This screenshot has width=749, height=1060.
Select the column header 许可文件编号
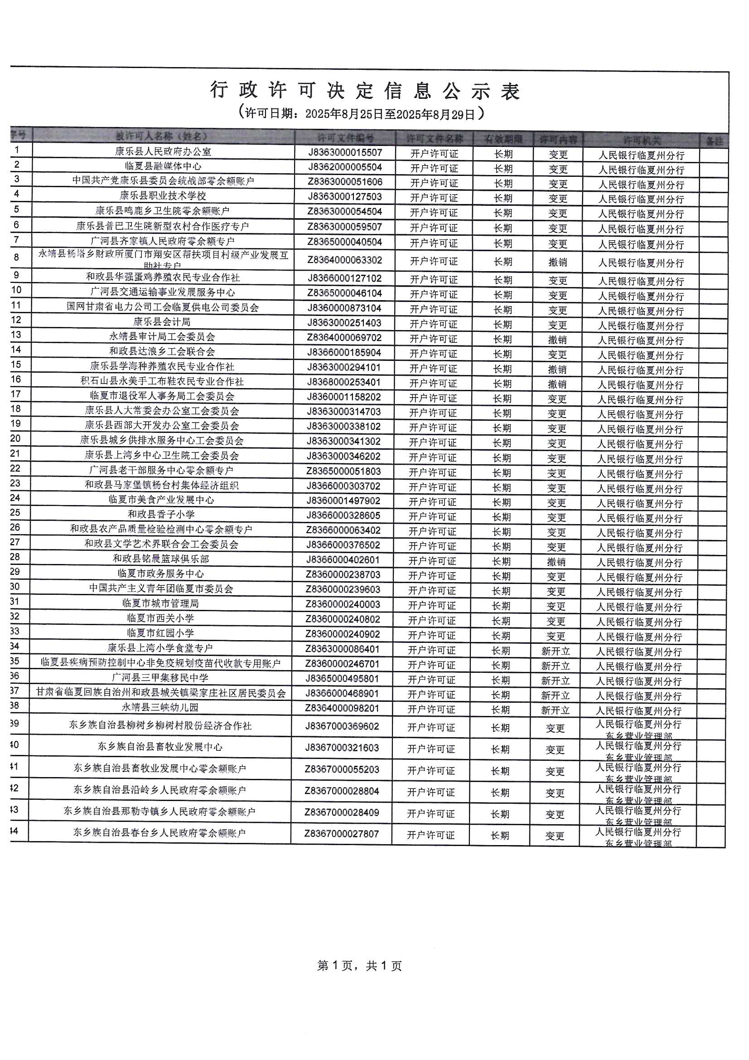pos(345,137)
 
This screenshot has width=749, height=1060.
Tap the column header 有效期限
pos(503,138)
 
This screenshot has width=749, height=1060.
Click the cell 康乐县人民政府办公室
pos(163,151)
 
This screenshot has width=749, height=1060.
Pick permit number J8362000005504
pos(345,167)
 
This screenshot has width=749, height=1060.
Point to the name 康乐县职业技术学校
pos(163,196)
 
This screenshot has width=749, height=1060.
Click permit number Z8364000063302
pos(345,260)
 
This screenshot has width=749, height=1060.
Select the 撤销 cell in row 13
pos(557,340)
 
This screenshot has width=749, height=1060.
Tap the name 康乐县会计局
pos(162,322)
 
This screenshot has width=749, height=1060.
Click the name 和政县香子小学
pos(161,514)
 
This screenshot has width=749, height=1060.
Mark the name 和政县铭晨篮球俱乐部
pos(161,559)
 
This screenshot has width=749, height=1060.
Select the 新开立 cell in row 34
pos(556,652)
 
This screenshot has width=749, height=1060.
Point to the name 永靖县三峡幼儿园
pos(160,707)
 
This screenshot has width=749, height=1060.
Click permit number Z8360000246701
pos(343,664)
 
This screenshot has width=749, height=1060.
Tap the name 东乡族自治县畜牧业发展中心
pos(160,747)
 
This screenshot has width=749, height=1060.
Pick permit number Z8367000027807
pos(342,834)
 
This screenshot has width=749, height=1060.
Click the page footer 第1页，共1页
pos(359,966)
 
